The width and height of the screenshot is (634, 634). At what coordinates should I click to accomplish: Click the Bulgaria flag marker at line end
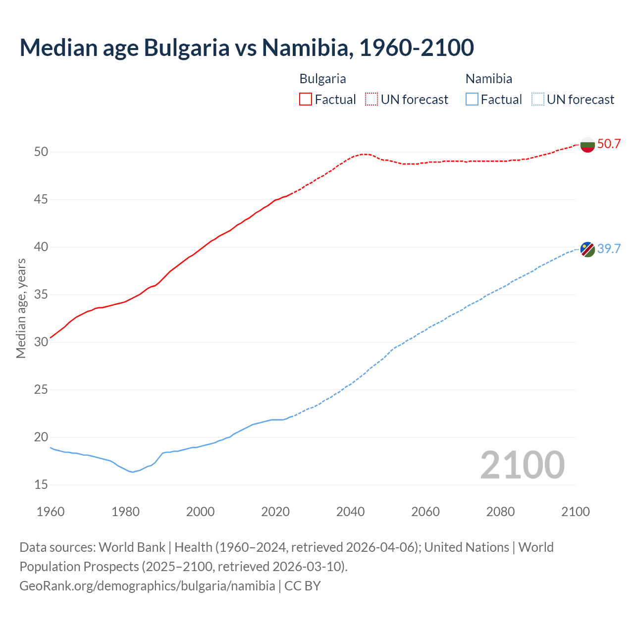pos(587,145)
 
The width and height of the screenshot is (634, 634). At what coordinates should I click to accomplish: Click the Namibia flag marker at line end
pos(587,249)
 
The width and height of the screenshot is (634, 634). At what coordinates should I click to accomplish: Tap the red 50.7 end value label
pos(609,144)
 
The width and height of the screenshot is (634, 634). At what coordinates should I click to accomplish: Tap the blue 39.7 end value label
pos(609,249)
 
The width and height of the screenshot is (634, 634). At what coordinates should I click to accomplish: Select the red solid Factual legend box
pos(306,100)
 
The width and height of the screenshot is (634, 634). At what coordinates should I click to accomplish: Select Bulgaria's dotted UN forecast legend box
pos(371,100)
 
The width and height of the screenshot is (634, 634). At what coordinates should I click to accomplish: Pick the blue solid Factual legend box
pos(472,100)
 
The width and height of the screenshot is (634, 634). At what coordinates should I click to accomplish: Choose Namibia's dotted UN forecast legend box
pos(538,100)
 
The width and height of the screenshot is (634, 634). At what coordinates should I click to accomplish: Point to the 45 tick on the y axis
pos(41,200)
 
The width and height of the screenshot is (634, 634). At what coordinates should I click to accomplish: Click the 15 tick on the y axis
pos(41,484)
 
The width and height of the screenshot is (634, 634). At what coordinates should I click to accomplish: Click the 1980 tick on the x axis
pos(125,512)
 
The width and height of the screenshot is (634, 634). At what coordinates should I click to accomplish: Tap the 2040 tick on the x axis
pos(350,512)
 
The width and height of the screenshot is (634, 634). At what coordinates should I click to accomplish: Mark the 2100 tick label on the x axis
pos(576,512)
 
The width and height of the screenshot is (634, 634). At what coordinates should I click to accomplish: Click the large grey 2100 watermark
pos(522,465)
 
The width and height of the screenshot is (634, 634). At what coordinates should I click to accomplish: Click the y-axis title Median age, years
pos(21,308)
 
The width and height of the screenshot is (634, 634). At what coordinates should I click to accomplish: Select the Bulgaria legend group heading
pos(322,79)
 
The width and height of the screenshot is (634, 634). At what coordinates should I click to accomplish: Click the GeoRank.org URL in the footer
pos(147,586)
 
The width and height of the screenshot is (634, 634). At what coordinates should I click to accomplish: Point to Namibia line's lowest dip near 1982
pos(132,472)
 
